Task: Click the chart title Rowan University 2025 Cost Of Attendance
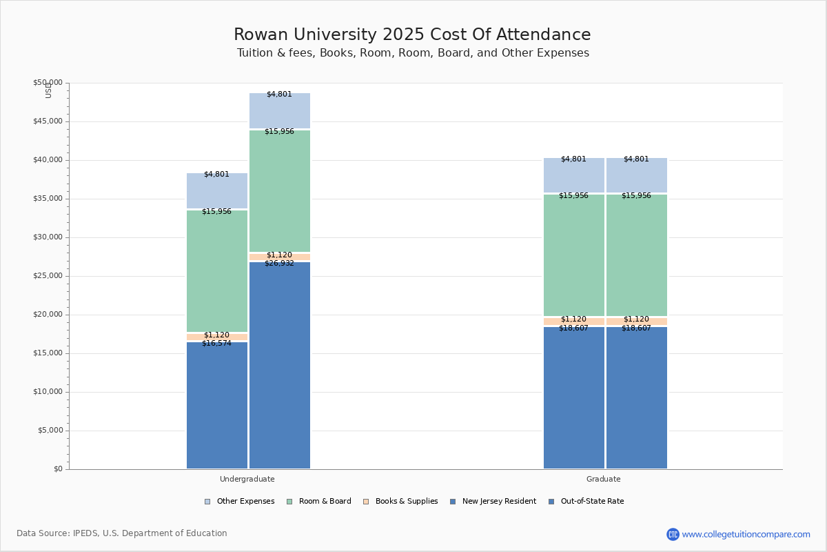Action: (412, 35)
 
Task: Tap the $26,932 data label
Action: (279, 264)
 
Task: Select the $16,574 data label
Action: (216, 344)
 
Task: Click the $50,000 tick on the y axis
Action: (48, 83)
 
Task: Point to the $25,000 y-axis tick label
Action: (48, 276)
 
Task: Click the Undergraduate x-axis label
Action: (247, 479)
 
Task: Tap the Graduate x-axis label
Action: (603, 479)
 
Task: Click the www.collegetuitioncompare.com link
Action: (746, 534)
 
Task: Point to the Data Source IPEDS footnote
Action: (122, 533)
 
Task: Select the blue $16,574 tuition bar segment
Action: (217, 407)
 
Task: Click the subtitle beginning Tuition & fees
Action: (413, 53)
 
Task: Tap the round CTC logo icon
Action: (673, 534)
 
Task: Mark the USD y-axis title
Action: (48, 90)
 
